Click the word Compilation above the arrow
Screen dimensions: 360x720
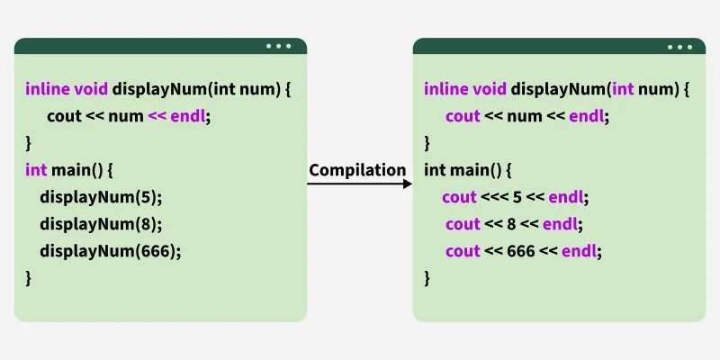pos(357,170)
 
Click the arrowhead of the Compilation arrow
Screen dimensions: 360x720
pos(407,184)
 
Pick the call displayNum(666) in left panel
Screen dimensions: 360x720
pos(110,250)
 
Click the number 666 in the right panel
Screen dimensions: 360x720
pos(521,250)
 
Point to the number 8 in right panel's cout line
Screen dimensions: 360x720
pos(511,223)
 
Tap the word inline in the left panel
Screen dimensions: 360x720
pos(44,88)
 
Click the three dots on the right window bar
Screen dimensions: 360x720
pos(679,46)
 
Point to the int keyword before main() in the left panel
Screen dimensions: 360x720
pos(34,169)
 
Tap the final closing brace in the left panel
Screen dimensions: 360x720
pos(28,277)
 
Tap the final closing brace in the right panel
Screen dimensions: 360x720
pos(427,277)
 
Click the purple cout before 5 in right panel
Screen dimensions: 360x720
pos(459,196)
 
